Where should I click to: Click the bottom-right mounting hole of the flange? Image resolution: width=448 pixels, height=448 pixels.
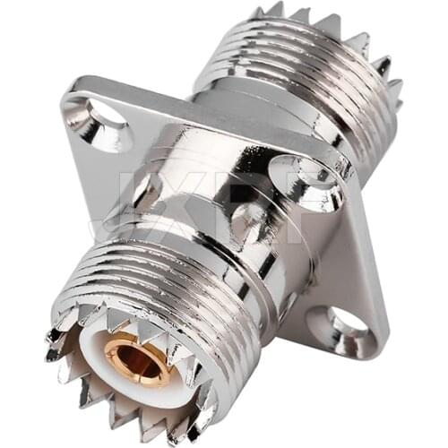pos(340,324)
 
